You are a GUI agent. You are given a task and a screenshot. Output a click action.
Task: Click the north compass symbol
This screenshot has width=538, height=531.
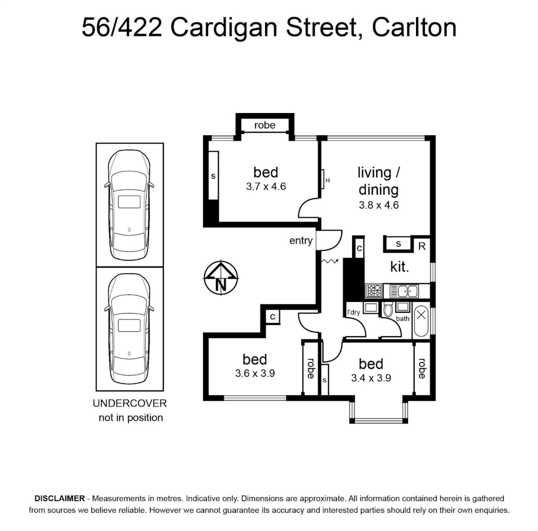coord(221,277)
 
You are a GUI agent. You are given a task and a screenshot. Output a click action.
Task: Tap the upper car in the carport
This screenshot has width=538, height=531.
coord(129,205)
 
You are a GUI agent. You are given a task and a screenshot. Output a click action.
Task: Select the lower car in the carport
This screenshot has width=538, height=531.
coord(129,328)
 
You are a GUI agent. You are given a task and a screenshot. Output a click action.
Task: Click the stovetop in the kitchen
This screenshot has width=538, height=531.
coord(374,291)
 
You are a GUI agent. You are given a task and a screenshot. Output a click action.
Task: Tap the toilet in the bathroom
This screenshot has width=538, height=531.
coord(388,309)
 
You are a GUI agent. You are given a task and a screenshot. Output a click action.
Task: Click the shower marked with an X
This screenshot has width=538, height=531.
coord(421,321)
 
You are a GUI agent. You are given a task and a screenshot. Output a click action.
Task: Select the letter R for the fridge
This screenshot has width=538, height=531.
coord(422,246)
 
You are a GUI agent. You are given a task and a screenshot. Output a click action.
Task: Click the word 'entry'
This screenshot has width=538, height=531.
coord(301,241)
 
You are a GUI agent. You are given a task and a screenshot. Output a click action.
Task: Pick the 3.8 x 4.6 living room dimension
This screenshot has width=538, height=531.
coord(379,205)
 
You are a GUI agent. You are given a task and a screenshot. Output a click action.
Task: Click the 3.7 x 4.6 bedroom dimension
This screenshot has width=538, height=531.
coord(266,187)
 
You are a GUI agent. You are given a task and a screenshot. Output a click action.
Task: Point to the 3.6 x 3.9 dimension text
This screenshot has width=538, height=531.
coord(255,373)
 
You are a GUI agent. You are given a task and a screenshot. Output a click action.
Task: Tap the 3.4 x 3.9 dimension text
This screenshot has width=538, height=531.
coord(371,378)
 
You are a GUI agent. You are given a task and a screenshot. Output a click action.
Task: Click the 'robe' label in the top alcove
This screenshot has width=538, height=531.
coord(265,125)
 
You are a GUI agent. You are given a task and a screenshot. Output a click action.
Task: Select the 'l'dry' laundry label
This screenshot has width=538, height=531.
coord(354,312)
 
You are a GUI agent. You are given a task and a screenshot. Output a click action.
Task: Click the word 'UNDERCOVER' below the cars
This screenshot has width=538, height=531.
coord(130,403)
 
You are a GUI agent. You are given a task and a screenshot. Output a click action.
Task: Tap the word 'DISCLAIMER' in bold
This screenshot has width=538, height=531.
coord(60,499)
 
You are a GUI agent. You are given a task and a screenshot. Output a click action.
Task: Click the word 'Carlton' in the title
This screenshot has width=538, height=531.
coord(414,28)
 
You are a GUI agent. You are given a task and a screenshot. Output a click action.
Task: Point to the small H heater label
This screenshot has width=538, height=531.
coord(328,180)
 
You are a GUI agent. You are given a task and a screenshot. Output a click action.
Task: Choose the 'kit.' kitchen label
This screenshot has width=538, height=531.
coord(399,266)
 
